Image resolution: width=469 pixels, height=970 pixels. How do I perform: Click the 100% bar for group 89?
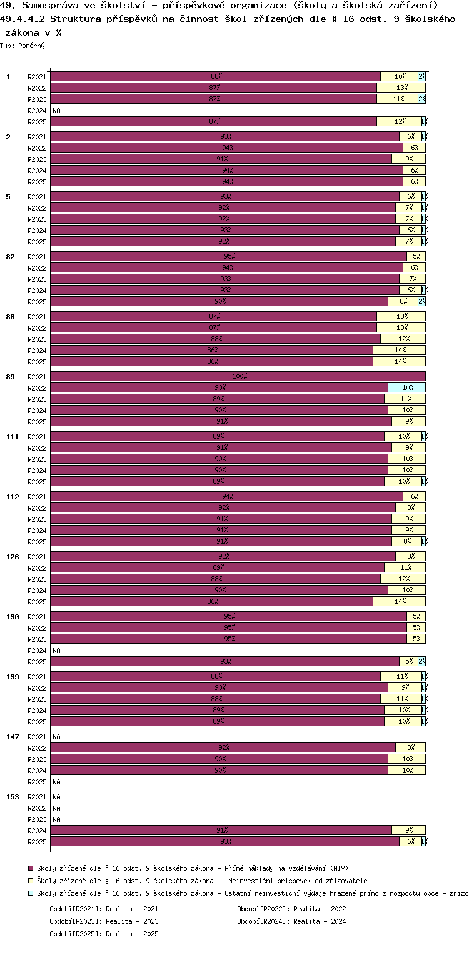click(238, 376)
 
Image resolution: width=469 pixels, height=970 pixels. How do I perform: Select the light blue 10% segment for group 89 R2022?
click(406, 387)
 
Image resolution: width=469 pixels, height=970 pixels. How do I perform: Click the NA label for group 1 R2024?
click(56, 111)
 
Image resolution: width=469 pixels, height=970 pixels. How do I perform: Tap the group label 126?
click(13, 557)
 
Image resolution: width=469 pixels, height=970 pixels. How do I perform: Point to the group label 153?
click(13, 797)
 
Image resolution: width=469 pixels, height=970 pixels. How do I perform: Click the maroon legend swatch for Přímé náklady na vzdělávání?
click(31, 868)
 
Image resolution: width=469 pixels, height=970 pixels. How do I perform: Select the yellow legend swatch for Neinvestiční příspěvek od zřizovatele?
click(31, 881)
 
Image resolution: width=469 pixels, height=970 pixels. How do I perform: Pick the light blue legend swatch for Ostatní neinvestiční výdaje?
click(31, 893)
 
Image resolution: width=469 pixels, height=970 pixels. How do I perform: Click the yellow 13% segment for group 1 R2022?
click(401, 88)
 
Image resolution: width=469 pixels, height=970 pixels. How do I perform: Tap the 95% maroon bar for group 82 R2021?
click(228, 256)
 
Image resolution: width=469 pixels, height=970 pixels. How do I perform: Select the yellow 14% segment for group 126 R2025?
click(399, 601)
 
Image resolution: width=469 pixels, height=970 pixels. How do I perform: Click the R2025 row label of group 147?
click(37, 782)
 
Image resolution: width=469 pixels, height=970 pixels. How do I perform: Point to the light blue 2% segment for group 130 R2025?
click(422, 661)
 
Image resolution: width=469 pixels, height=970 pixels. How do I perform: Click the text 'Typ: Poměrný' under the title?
click(23, 46)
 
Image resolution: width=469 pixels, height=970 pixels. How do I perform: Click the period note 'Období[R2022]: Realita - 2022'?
click(291, 909)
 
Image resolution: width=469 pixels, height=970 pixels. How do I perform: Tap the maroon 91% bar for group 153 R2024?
click(221, 830)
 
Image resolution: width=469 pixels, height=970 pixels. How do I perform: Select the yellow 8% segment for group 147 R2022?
click(410, 747)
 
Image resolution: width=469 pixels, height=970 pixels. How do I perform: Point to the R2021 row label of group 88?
click(37, 317)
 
